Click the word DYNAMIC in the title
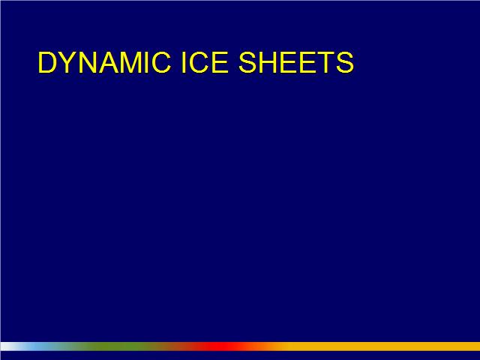104,62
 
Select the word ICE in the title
205,62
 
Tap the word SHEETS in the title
296,62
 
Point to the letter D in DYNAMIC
47,62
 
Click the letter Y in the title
68,62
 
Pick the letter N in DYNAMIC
88,62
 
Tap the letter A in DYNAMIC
109,62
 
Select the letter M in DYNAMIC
131,62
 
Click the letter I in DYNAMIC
147,62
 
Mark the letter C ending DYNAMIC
161,62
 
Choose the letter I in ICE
184,62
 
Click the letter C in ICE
199,62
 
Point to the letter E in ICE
220,62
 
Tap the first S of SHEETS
247,62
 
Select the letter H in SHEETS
268,62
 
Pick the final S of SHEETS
345,62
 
